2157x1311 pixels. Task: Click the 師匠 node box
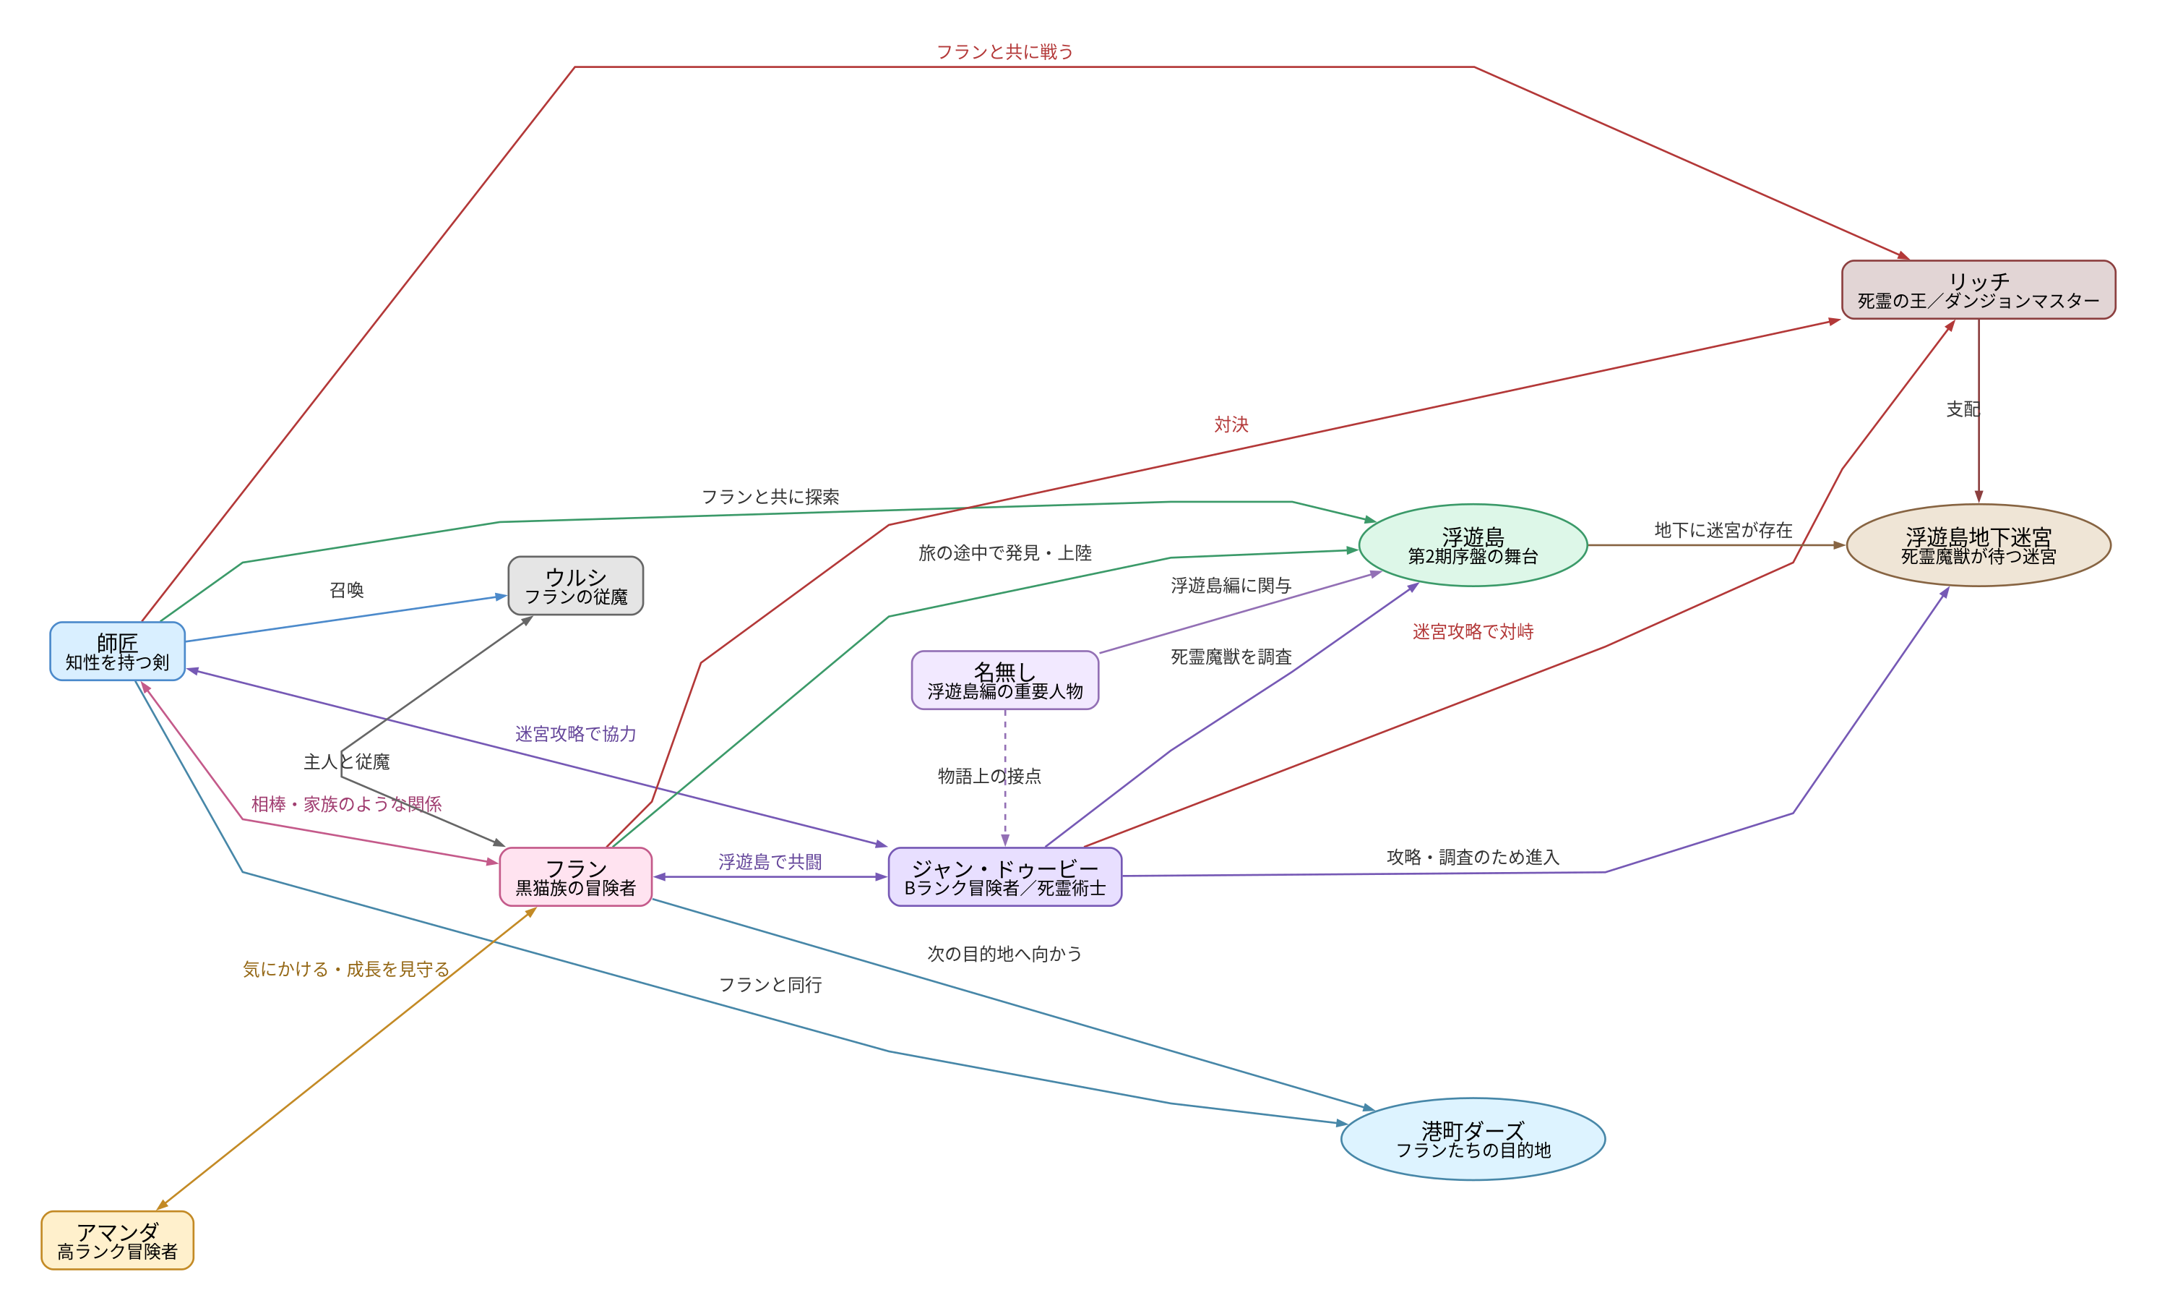(x=117, y=651)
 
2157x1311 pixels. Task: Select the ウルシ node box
(x=575, y=586)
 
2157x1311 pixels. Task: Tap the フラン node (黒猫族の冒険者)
(x=575, y=876)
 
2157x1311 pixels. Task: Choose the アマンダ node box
(x=117, y=1240)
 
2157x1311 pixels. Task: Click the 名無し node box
(x=1005, y=680)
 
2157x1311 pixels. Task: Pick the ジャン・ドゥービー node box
(x=1005, y=876)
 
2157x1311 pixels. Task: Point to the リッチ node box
(x=1979, y=290)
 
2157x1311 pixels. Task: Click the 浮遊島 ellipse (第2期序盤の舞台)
(x=1473, y=545)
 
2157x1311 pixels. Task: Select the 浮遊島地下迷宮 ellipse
(x=1979, y=545)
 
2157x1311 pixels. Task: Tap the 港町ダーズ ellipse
(x=1473, y=1138)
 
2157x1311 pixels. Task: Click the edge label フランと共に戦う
(x=1005, y=51)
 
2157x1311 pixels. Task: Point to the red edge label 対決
(x=1231, y=424)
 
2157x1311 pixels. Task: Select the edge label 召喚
(x=347, y=590)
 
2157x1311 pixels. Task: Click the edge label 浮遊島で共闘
(x=770, y=862)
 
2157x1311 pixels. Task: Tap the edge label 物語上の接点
(x=989, y=776)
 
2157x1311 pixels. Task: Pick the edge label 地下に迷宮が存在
(x=1723, y=530)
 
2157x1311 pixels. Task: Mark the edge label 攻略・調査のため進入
(x=1473, y=858)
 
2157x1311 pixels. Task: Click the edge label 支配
(x=1963, y=409)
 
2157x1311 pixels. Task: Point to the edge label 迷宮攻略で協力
(x=575, y=734)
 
